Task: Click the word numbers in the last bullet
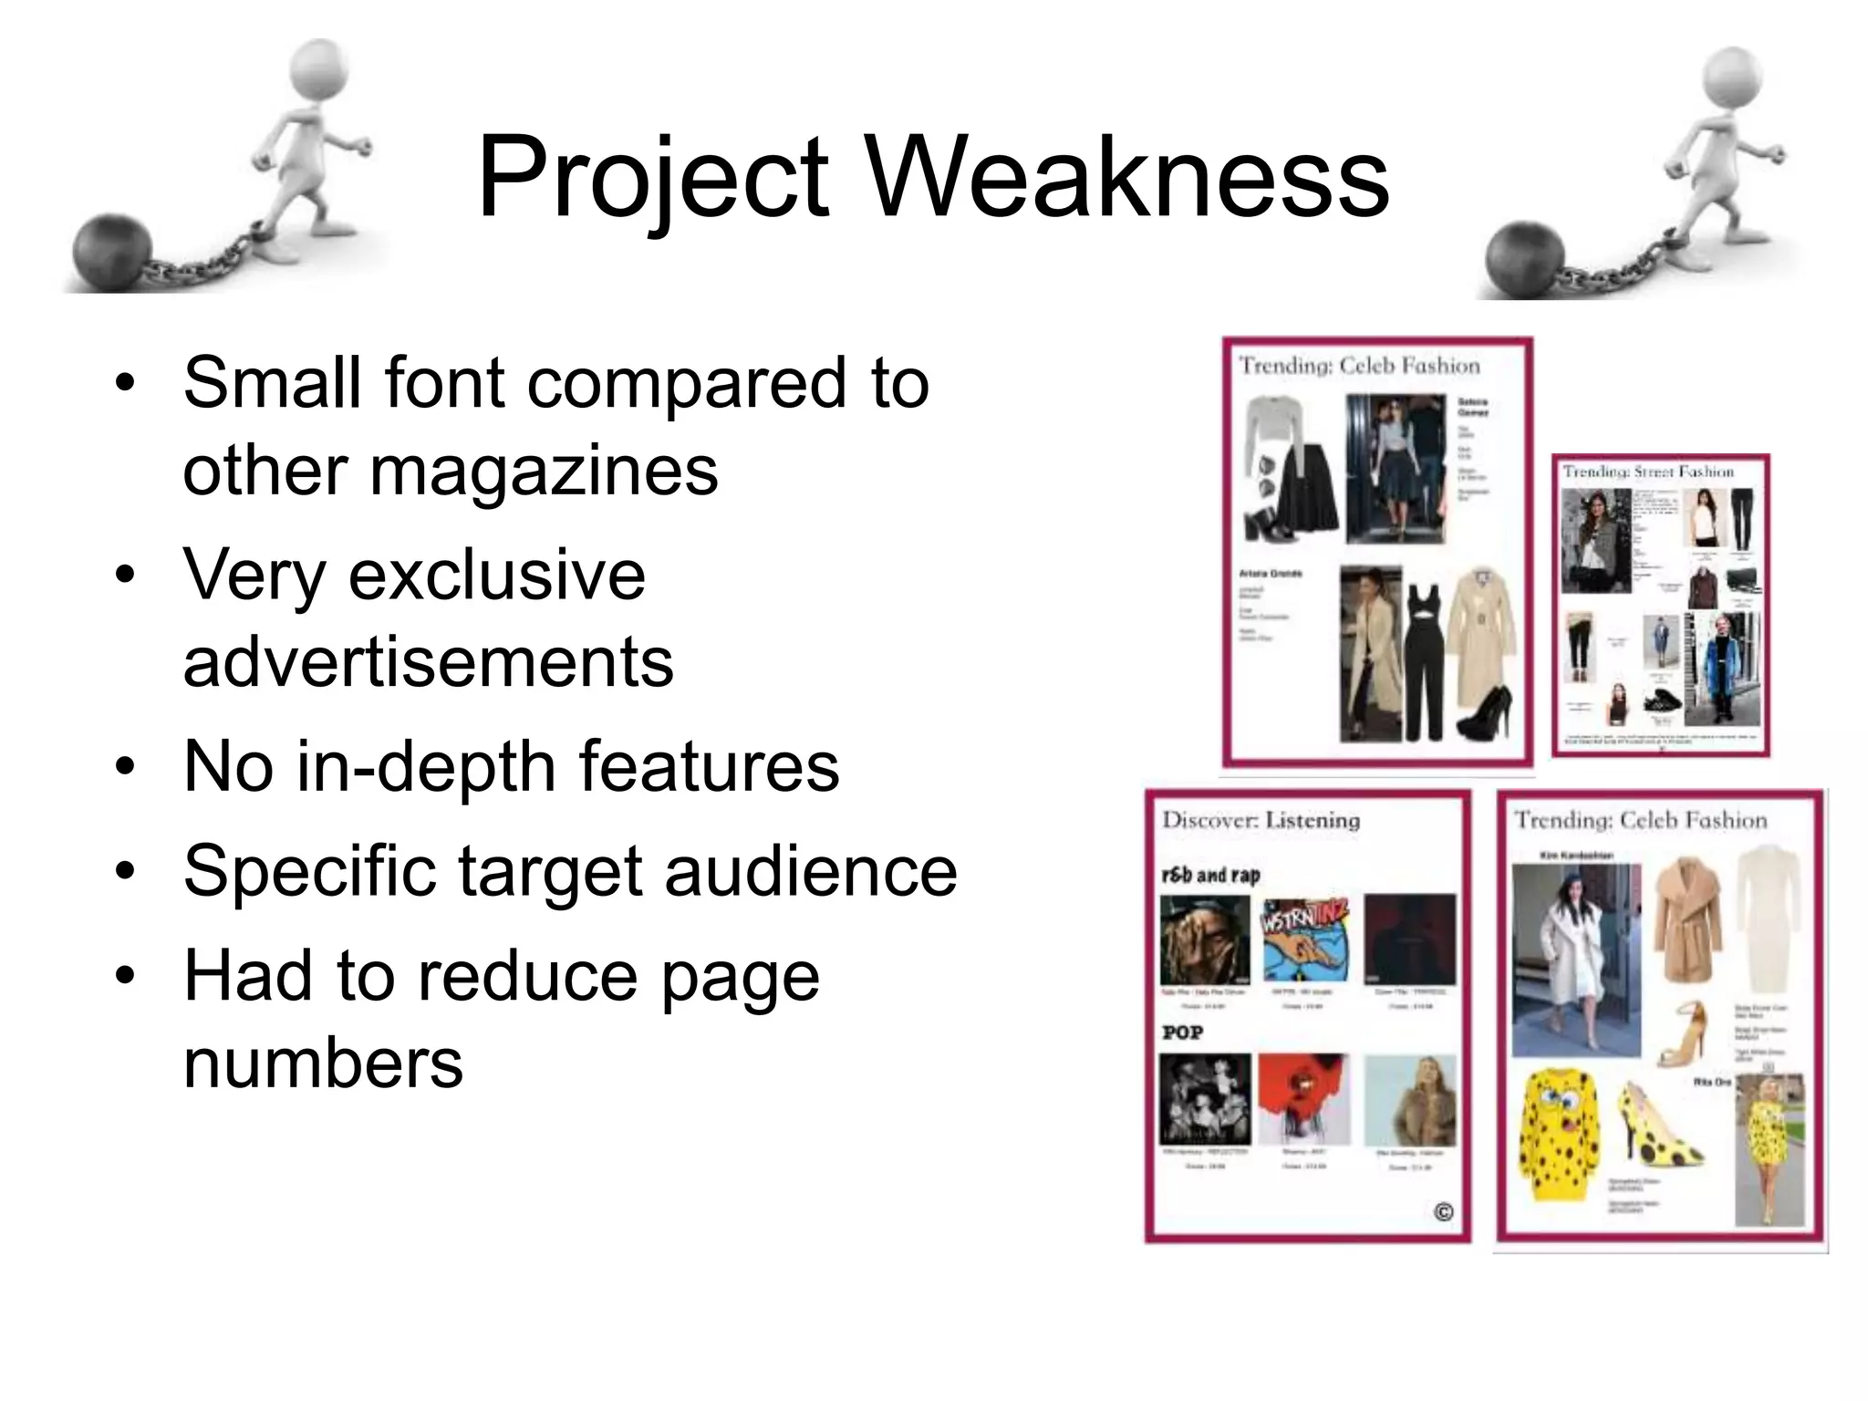point(323,1063)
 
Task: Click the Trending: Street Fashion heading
point(1647,472)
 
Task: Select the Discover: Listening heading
point(1261,819)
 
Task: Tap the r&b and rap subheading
point(1210,876)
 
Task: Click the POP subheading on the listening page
point(1182,1033)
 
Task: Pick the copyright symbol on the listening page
point(1443,1212)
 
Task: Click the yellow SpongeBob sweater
point(1559,1133)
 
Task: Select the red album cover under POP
point(1303,1098)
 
